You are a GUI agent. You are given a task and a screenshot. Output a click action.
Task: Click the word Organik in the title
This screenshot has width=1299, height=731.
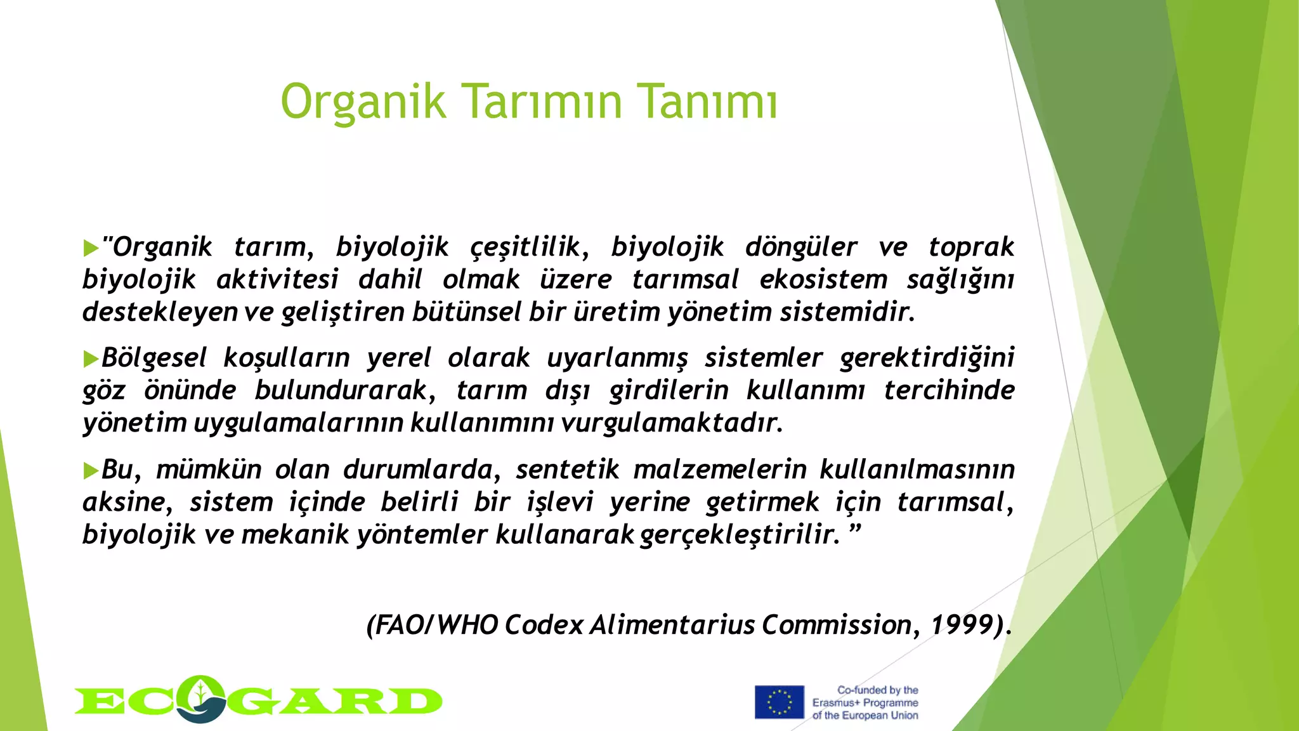coord(363,102)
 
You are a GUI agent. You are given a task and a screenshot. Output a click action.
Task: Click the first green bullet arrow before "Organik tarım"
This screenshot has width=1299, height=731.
coord(91,248)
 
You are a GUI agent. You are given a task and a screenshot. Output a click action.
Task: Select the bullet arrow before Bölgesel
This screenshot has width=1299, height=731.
coord(91,359)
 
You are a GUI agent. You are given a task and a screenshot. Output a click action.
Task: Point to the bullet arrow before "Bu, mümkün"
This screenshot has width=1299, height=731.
coord(91,471)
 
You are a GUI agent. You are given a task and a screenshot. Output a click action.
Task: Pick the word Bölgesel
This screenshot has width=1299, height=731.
coord(154,359)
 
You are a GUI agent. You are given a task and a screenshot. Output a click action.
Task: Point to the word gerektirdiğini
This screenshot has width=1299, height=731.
coord(927,359)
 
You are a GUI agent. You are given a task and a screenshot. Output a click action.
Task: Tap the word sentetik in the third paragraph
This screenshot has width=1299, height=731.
coord(567,470)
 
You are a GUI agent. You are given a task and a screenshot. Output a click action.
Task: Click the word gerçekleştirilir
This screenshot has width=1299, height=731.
coord(739,535)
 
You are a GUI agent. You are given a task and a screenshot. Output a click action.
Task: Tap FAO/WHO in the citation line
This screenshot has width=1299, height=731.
coord(433,625)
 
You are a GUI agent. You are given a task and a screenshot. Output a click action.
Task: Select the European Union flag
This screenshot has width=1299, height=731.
coord(779,702)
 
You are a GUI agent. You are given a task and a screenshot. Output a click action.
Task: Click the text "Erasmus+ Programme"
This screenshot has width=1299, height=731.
coord(865,702)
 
